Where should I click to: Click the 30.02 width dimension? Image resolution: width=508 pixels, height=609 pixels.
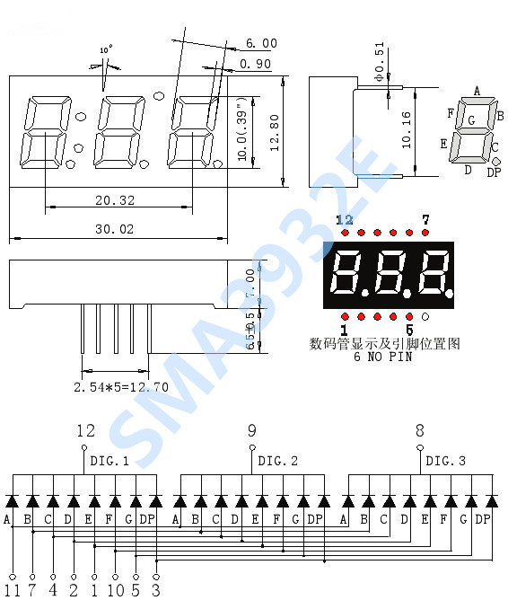114,229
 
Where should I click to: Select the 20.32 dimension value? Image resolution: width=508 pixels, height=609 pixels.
114,200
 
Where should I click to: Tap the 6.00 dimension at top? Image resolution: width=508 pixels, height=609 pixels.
261,43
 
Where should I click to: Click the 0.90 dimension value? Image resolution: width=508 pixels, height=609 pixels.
256,64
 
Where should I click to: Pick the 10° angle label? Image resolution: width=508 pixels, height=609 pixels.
106,51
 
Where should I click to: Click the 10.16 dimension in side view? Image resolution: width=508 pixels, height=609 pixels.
407,129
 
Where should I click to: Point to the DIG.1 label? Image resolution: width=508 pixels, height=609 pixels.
109,461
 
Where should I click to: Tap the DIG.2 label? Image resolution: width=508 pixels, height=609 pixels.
277,461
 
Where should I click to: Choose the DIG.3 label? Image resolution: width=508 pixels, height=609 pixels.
445,461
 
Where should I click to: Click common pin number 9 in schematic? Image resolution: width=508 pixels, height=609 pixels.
251,430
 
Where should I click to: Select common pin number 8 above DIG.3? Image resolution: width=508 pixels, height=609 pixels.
419,430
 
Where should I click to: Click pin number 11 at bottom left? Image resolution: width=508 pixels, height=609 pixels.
12,591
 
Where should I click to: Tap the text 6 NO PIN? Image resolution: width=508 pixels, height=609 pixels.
382,357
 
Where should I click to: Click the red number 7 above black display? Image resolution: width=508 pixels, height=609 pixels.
425,220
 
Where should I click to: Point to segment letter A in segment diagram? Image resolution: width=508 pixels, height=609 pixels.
477,90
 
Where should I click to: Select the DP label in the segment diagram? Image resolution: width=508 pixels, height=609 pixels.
493,172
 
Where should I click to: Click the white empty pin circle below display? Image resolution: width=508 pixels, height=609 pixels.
425,316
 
